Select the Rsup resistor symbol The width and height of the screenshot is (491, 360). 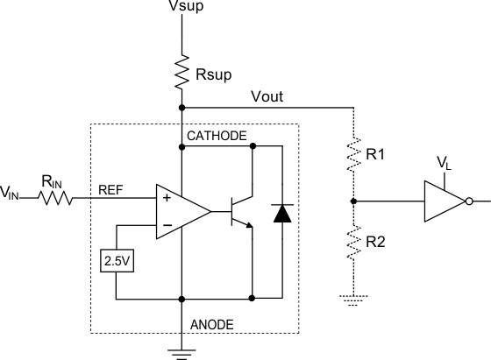coord(181,72)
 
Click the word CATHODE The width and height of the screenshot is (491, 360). coord(217,136)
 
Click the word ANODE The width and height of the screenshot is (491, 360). coord(212,324)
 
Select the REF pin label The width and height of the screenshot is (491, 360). coord(111,188)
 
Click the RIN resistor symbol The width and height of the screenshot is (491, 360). coord(55,199)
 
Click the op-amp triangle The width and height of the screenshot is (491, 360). coord(181,211)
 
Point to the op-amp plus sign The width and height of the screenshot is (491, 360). coord(165,199)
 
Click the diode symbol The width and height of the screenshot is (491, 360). coord(282,212)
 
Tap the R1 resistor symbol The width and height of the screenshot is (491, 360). coord(353,155)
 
